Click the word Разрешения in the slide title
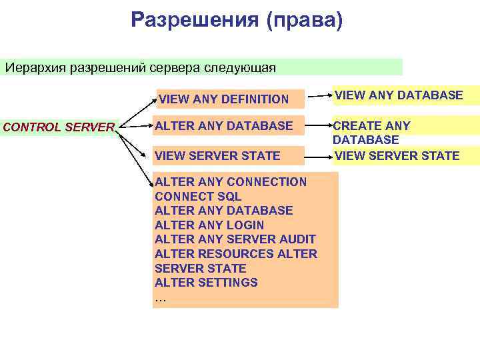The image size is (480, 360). [194, 20]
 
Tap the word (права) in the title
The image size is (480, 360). [304, 20]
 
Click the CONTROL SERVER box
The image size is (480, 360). [59, 127]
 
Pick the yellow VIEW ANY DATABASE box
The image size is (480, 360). [405, 95]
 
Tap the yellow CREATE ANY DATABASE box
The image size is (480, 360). [405, 132]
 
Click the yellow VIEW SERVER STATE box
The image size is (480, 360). [405, 155]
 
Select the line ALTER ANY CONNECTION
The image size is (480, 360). [230, 181]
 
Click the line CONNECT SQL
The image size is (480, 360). [198, 196]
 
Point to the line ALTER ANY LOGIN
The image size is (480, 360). [209, 225]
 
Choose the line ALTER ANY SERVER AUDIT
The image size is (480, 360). [235, 239]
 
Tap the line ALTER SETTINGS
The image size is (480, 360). [206, 282]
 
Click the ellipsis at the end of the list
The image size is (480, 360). [159, 297]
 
